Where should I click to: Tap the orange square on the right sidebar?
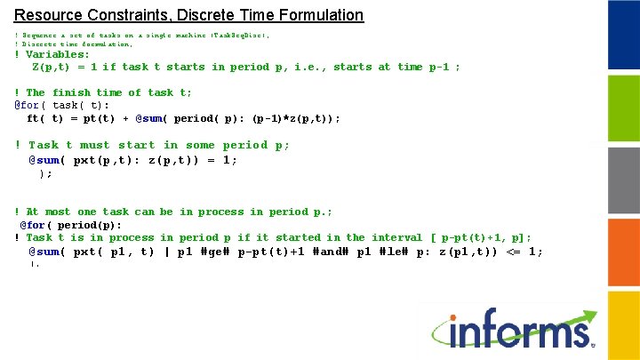[622, 249]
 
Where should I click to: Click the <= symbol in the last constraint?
[513, 252]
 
